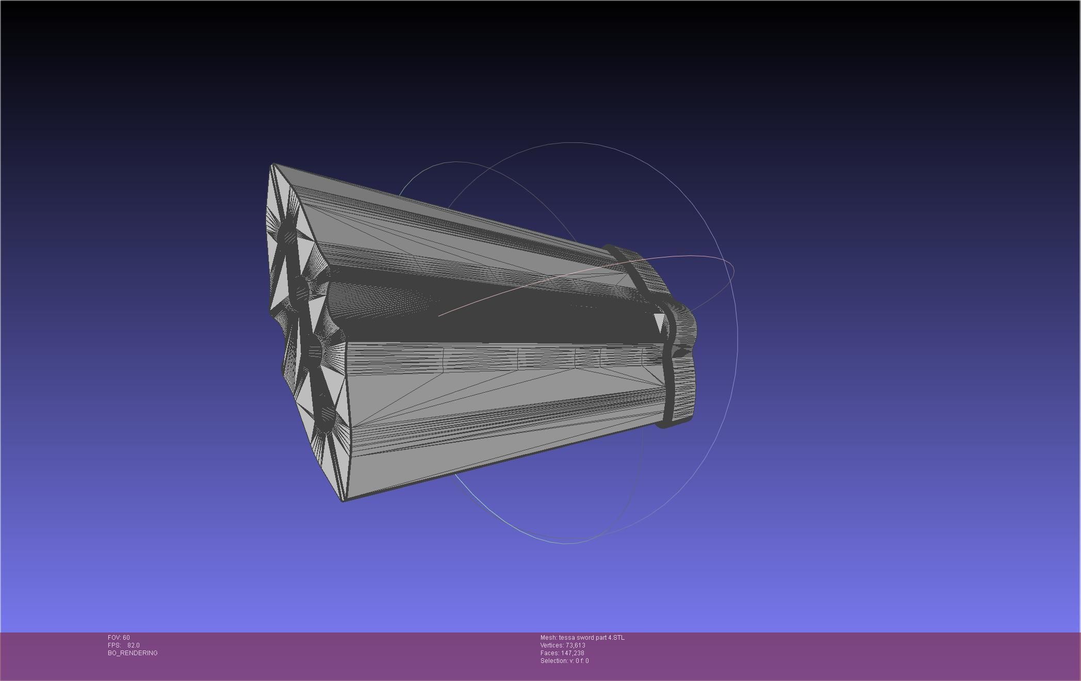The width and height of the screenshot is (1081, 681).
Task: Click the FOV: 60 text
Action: [x=119, y=638]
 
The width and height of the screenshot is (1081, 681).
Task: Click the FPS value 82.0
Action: [x=133, y=645]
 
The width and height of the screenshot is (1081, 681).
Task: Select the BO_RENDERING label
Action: [x=133, y=653]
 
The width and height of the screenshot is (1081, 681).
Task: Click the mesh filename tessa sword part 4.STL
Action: [x=591, y=638]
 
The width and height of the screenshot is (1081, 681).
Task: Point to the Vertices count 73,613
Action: [x=575, y=645]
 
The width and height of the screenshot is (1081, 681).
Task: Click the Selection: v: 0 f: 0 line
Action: [x=564, y=661]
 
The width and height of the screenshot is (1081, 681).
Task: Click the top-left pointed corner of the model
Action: [x=273, y=165]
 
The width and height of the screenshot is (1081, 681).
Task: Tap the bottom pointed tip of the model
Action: [x=343, y=499]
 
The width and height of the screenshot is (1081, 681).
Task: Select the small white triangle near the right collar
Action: [x=659, y=322]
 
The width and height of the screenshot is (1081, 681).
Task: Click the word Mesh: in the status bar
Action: [x=548, y=638]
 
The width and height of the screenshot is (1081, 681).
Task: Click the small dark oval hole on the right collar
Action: [x=681, y=352]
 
